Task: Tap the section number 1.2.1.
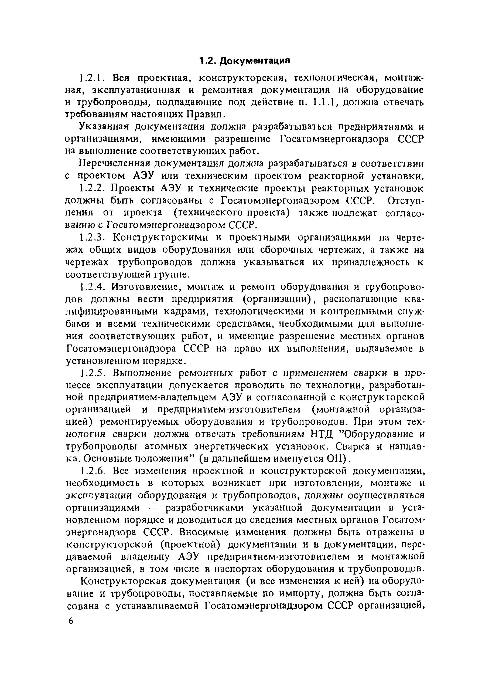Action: [x=91, y=78]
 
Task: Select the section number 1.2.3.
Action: [x=91, y=238]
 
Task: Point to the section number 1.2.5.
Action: [x=91, y=373]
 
